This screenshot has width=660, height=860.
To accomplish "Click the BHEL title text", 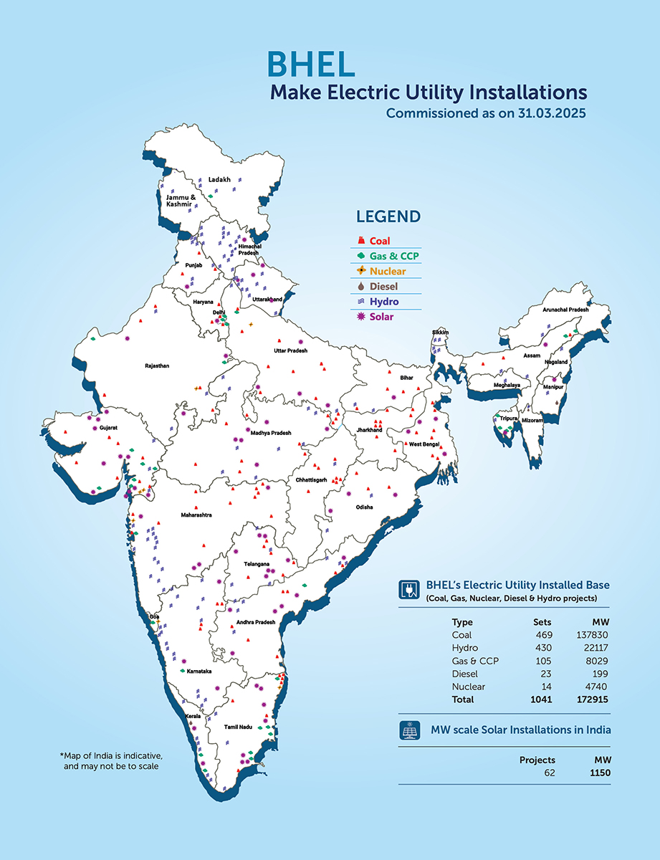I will pyautogui.click(x=310, y=64).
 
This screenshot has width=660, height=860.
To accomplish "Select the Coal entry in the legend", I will pyautogui.click(x=380, y=242).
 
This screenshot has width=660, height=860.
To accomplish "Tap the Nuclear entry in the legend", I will pyautogui.click(x=387, y=272).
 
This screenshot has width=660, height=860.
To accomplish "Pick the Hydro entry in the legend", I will pyautogui.click(x=383, y=302).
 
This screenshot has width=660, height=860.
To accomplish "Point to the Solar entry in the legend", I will pyautogui.click(x=381, y=317).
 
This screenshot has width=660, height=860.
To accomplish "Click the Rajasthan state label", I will pyautogui.click(x=157, y=365).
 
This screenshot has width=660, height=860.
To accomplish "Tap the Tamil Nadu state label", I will pyautogui.click(x=236, y=727).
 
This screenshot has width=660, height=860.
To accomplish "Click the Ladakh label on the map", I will pyautogui.click(x=219, y=179).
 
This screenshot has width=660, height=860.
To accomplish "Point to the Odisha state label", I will pyautogui.click(x=364, y=507).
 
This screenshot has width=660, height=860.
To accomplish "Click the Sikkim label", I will pyautogui.click(x=439, y=333).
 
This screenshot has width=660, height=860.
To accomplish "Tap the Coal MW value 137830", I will pyautogui.click(x=592, y=635).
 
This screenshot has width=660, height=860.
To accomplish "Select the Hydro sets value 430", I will pyautogui.click(x=542, y=648).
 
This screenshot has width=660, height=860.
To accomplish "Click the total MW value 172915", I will pyautogui.click(x=591, y=699).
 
